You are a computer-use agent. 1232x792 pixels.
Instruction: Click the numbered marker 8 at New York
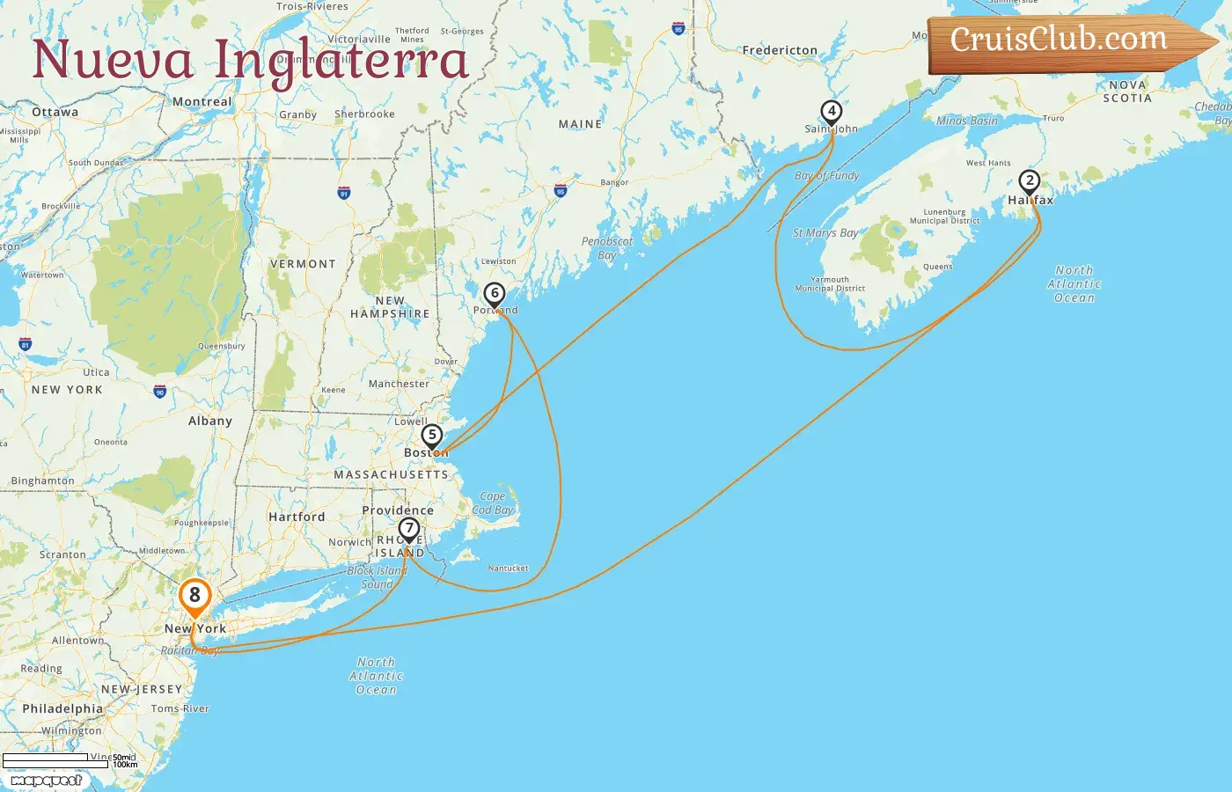194,596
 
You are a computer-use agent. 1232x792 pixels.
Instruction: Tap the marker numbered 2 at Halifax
1029,181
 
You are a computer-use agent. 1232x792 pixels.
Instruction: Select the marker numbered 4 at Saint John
831,112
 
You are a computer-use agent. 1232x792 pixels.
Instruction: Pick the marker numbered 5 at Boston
431,436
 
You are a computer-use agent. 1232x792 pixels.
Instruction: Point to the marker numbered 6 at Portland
495,294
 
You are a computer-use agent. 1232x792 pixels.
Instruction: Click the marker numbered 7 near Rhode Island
408,530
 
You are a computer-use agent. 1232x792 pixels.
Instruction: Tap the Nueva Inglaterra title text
250,60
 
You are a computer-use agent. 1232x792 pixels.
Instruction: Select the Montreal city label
202,102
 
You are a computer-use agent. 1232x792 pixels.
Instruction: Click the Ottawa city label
55,113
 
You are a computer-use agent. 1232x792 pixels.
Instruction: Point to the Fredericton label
780,51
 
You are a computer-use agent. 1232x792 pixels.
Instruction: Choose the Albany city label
209,422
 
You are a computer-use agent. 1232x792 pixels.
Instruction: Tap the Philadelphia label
62,709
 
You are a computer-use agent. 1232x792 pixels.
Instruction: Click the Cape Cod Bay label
493,503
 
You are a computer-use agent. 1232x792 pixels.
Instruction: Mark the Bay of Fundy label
826,176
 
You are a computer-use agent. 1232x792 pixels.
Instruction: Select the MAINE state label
580,125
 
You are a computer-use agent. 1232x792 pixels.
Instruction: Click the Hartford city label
297,517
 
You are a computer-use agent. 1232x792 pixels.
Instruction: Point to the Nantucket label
508,568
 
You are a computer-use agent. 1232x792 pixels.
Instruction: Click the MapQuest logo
46,780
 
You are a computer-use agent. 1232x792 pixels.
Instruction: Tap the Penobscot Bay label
606,248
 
